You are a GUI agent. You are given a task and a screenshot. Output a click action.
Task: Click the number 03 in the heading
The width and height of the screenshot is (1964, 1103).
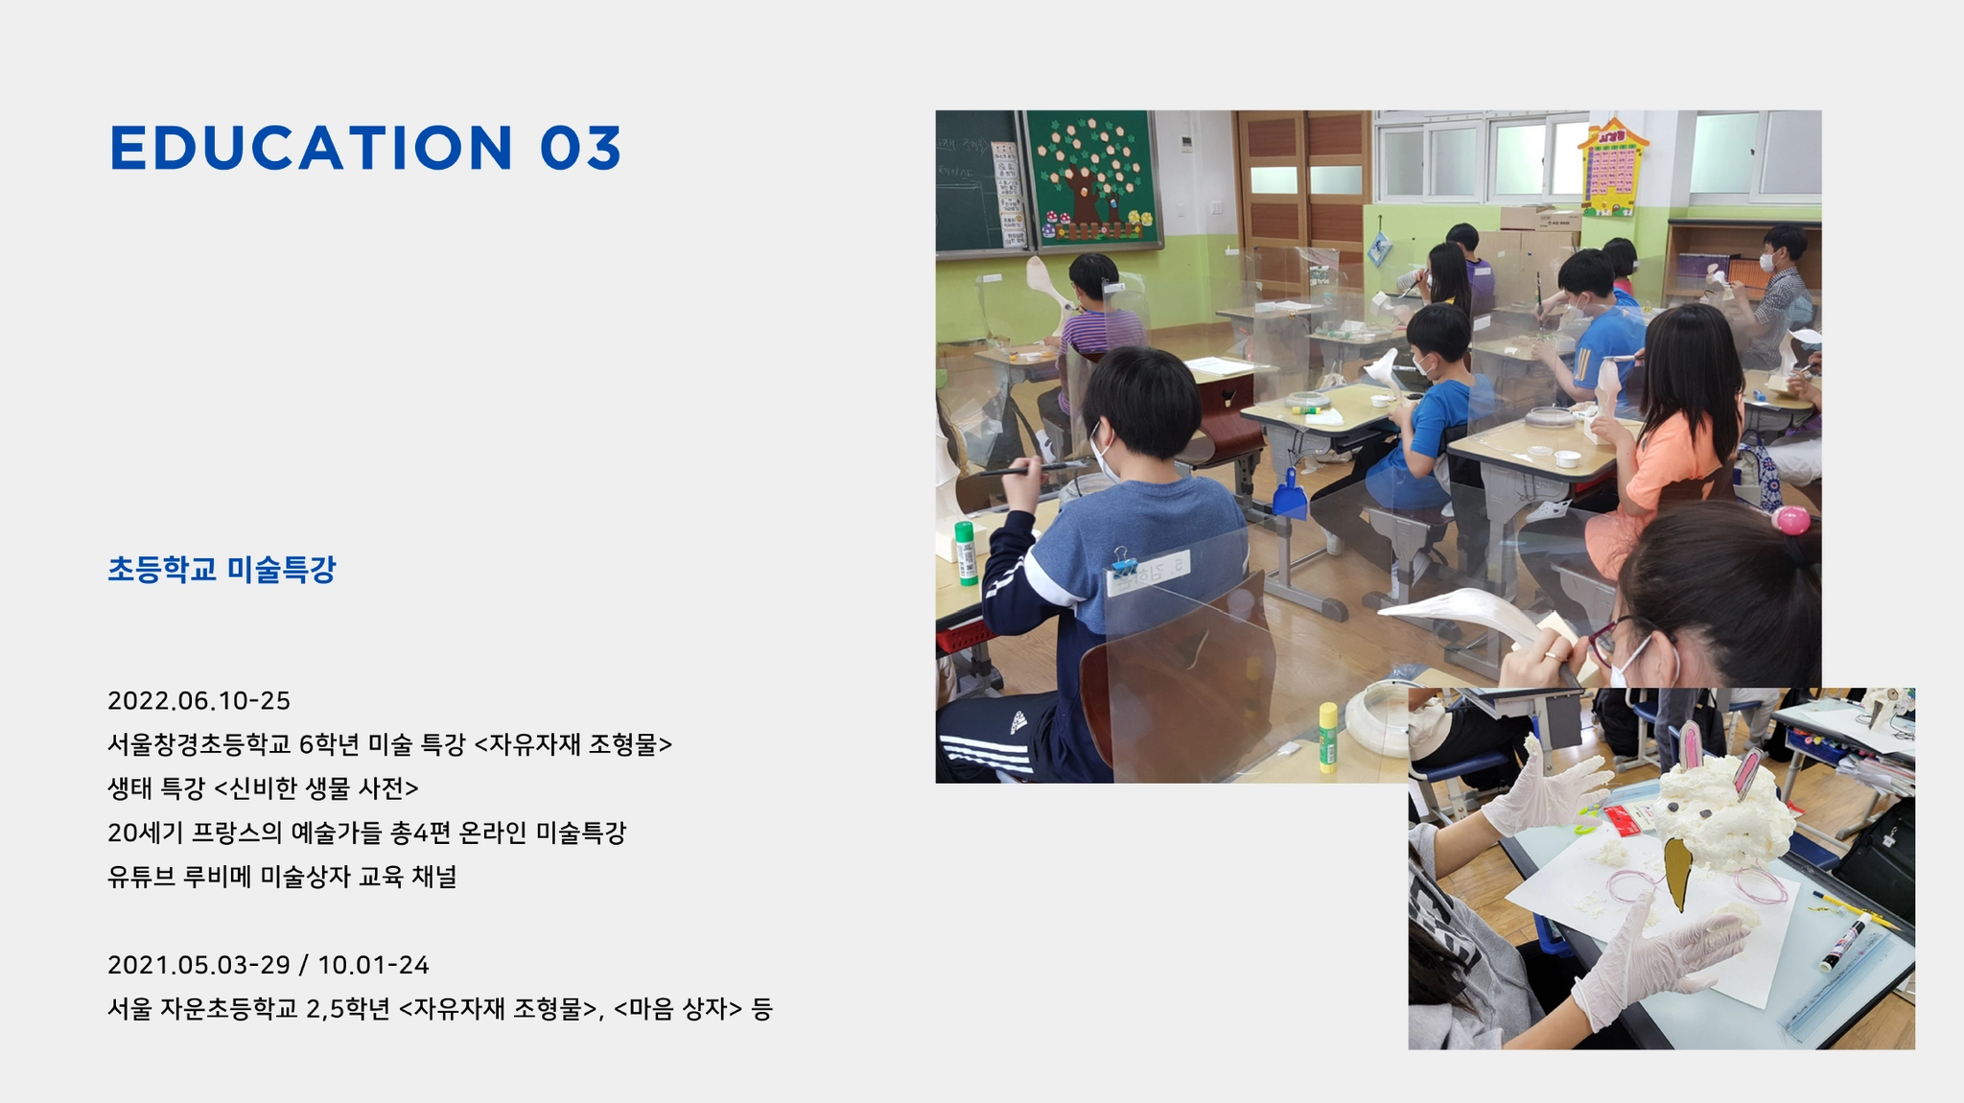tap(581, 148)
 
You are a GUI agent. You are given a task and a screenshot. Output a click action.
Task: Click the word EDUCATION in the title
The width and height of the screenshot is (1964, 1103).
tap(313, 148)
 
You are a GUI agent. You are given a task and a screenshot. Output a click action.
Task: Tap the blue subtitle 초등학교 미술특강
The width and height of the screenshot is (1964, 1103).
tap(222, 570)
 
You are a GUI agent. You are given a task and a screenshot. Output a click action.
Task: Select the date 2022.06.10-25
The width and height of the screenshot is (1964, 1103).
tap(199, 701)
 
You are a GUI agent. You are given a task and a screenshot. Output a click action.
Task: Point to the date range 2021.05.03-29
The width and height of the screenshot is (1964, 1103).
tap(199, 965)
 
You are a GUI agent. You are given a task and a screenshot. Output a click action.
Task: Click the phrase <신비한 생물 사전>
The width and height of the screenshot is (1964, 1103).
tap(316, 788)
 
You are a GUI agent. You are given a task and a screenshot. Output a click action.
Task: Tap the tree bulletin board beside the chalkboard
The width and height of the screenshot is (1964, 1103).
tap(1094, 178)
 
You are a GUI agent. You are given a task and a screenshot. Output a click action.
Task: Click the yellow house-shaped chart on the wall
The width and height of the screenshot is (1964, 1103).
tap(1612, 166)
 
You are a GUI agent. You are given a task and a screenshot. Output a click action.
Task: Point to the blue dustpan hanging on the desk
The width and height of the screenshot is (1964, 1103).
tap(1290, 495)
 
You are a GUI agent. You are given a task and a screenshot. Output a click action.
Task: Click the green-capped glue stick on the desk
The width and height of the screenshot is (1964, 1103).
tap(966, 552)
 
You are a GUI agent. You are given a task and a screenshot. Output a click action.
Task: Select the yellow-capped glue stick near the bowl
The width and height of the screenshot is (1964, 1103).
tap(1328, 737)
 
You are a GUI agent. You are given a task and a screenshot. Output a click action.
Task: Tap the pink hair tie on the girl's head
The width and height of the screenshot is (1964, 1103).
tap(1790, 520)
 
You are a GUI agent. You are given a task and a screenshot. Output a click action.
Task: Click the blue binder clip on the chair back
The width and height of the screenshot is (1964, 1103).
tap(1121, 561)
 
